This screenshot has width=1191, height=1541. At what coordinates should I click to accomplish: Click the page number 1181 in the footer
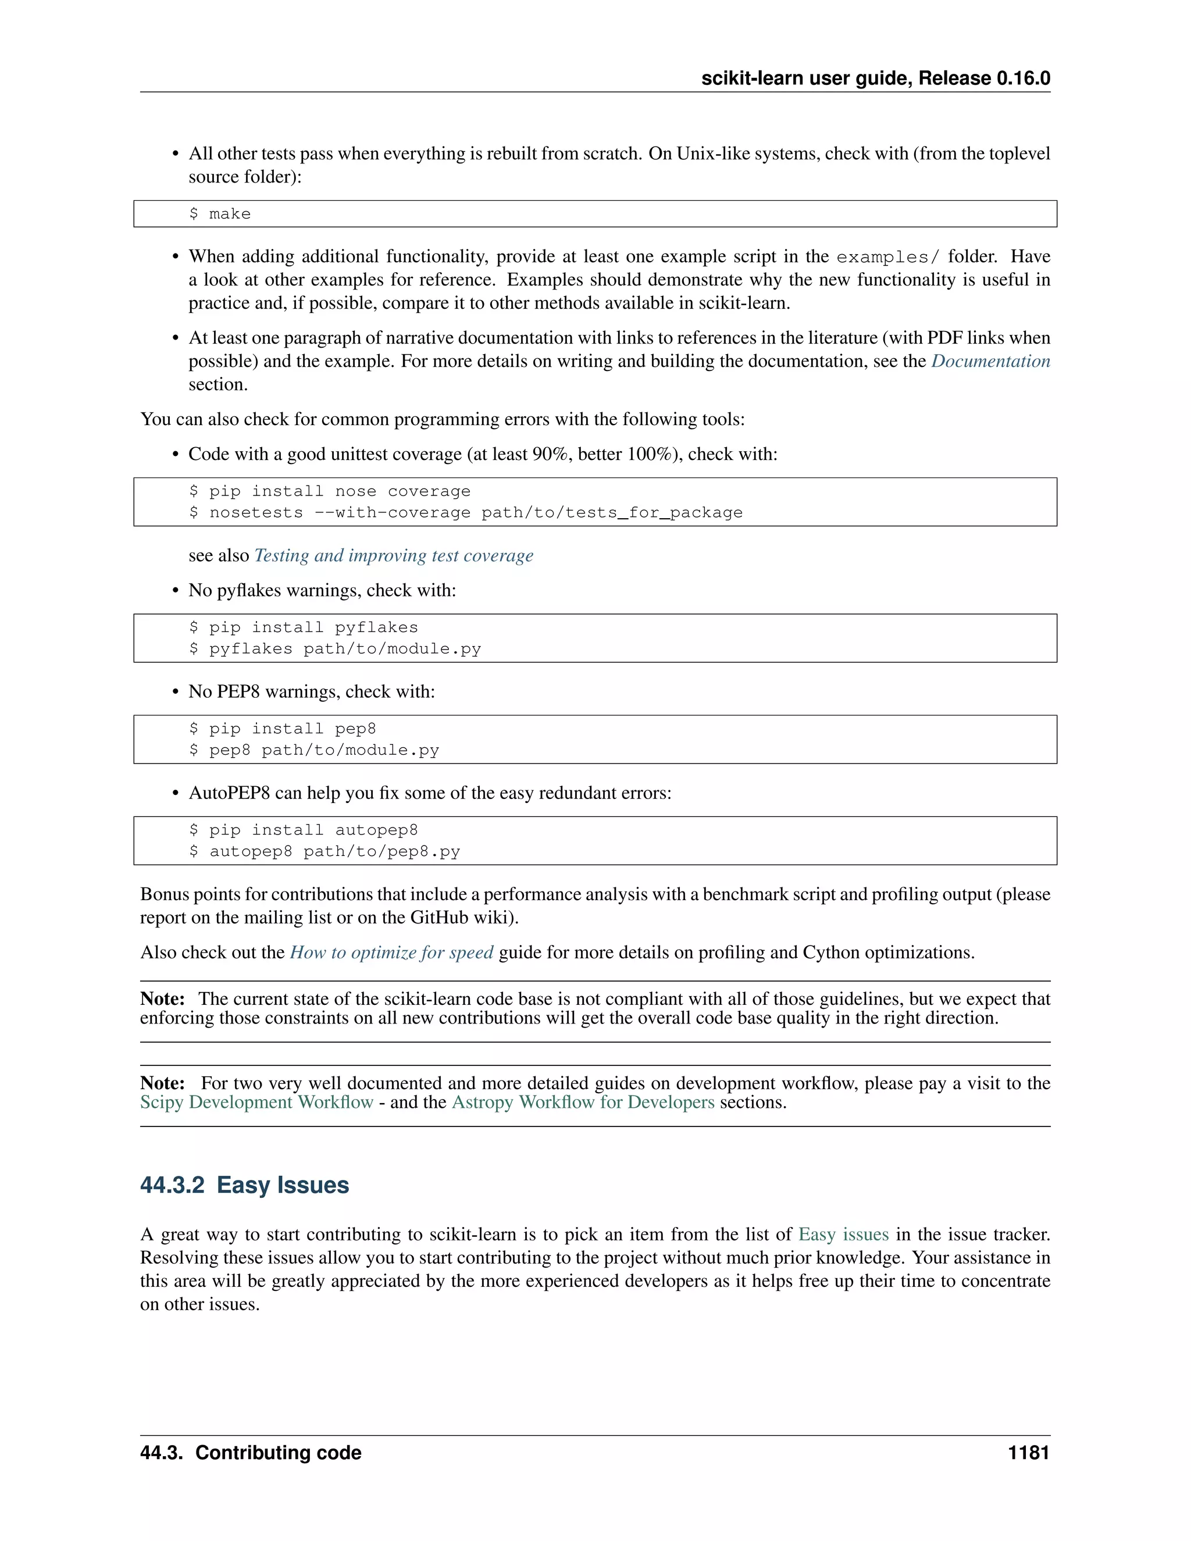1028,1452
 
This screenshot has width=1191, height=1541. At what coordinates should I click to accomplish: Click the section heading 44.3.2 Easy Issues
244,1185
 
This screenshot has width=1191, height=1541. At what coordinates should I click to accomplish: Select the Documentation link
990,361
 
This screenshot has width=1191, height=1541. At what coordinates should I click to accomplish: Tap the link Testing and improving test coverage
393,555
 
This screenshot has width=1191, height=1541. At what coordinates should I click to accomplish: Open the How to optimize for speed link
391,953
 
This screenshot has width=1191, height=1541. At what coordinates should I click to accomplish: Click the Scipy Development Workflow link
256,1102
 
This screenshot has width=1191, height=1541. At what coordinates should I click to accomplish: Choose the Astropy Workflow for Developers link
583,1102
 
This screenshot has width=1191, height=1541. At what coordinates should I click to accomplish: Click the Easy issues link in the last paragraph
843,1234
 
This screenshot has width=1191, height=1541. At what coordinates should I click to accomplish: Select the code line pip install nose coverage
330,491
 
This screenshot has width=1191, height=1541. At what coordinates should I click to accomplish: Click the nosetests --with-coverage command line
466,512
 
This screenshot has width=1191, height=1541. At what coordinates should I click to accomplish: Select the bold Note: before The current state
162,999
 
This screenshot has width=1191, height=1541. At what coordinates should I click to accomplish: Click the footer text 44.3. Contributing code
251,1452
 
